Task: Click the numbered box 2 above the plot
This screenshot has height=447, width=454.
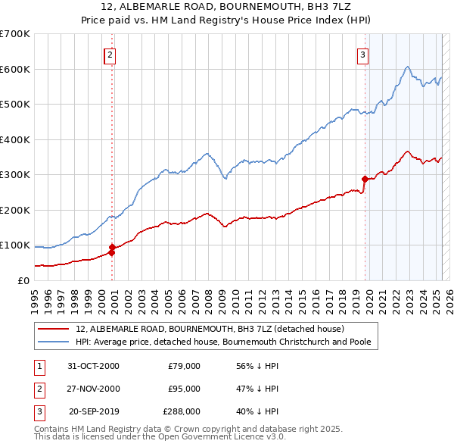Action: click(x=110, y=55)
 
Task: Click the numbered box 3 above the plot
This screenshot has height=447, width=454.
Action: click(x=363, y=55)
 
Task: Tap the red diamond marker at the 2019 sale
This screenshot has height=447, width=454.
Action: click(x=365, y=180)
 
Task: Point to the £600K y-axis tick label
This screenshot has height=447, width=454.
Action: click(x=15, y=69)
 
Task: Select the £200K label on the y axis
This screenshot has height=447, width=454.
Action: click(x=15, y=210)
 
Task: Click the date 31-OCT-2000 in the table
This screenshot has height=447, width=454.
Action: click(x=93, y=365)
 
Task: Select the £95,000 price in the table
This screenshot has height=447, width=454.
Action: click(x=184, y=389)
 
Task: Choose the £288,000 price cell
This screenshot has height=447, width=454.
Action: click(x=182, y=412)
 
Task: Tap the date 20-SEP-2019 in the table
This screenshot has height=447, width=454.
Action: click(x=94, y=412)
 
